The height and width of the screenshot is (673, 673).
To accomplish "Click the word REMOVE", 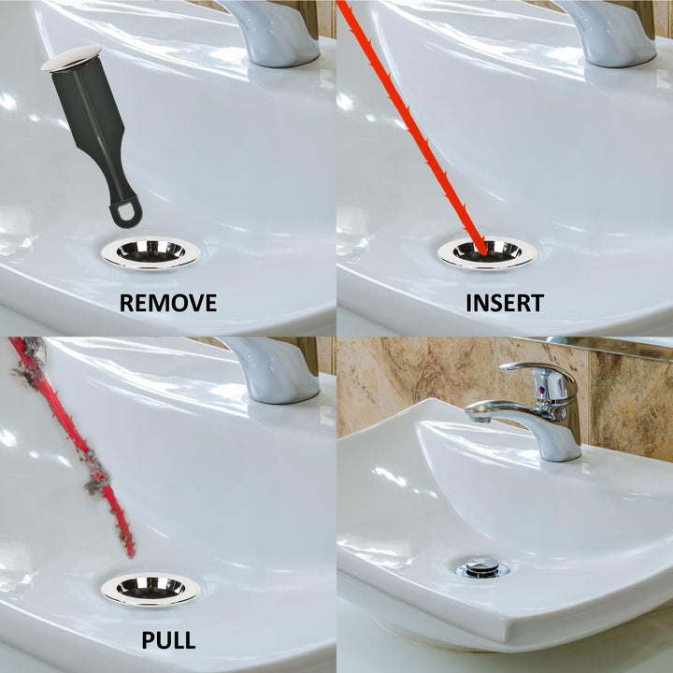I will (168, 303).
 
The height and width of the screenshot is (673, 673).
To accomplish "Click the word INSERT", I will (505, 303).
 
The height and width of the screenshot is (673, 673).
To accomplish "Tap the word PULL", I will (168, 640).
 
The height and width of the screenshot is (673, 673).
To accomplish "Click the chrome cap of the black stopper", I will (72, 58).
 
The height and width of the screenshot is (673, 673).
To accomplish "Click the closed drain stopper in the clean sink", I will (482, 566).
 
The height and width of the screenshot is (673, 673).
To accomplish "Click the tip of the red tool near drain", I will (130, 551).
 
